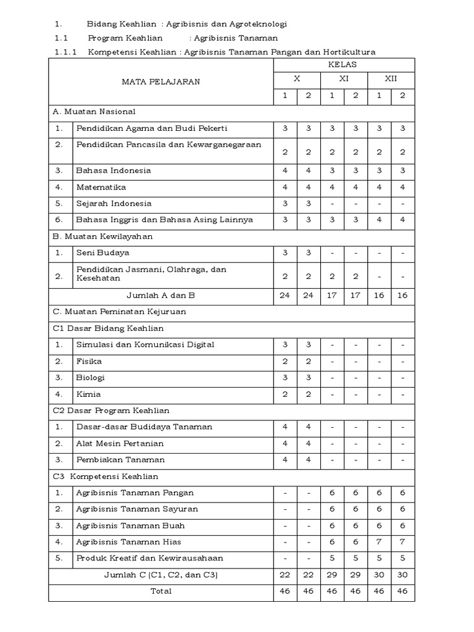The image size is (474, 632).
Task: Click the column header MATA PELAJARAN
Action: [160, 82]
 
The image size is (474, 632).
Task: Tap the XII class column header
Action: [391, 80]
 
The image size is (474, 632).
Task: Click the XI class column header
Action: [344, 80]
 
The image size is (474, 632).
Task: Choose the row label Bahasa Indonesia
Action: [113, 170]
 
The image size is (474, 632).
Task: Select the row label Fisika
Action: [89, 361]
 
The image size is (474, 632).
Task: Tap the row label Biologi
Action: [91, 377]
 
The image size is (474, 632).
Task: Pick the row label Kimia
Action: [88, 394]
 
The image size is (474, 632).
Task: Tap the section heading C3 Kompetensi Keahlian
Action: [106, 476]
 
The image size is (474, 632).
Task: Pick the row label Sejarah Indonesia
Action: [114, 203]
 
